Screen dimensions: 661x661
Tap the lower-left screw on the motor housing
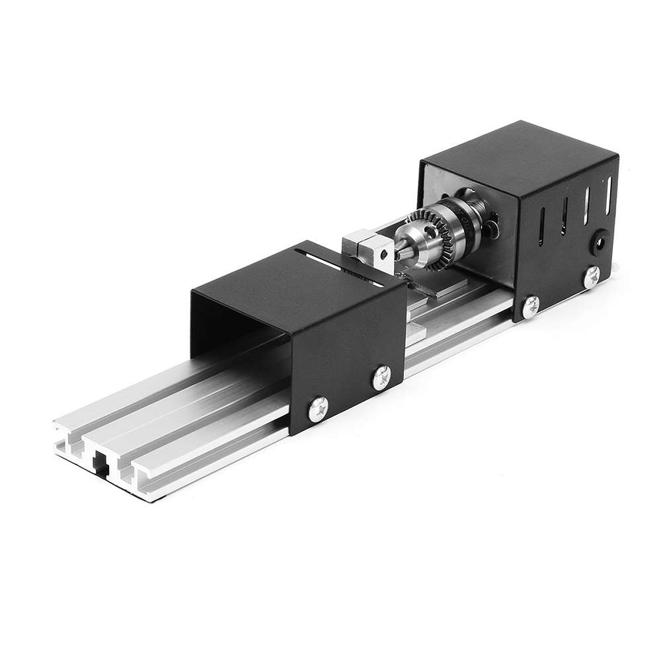531,303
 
